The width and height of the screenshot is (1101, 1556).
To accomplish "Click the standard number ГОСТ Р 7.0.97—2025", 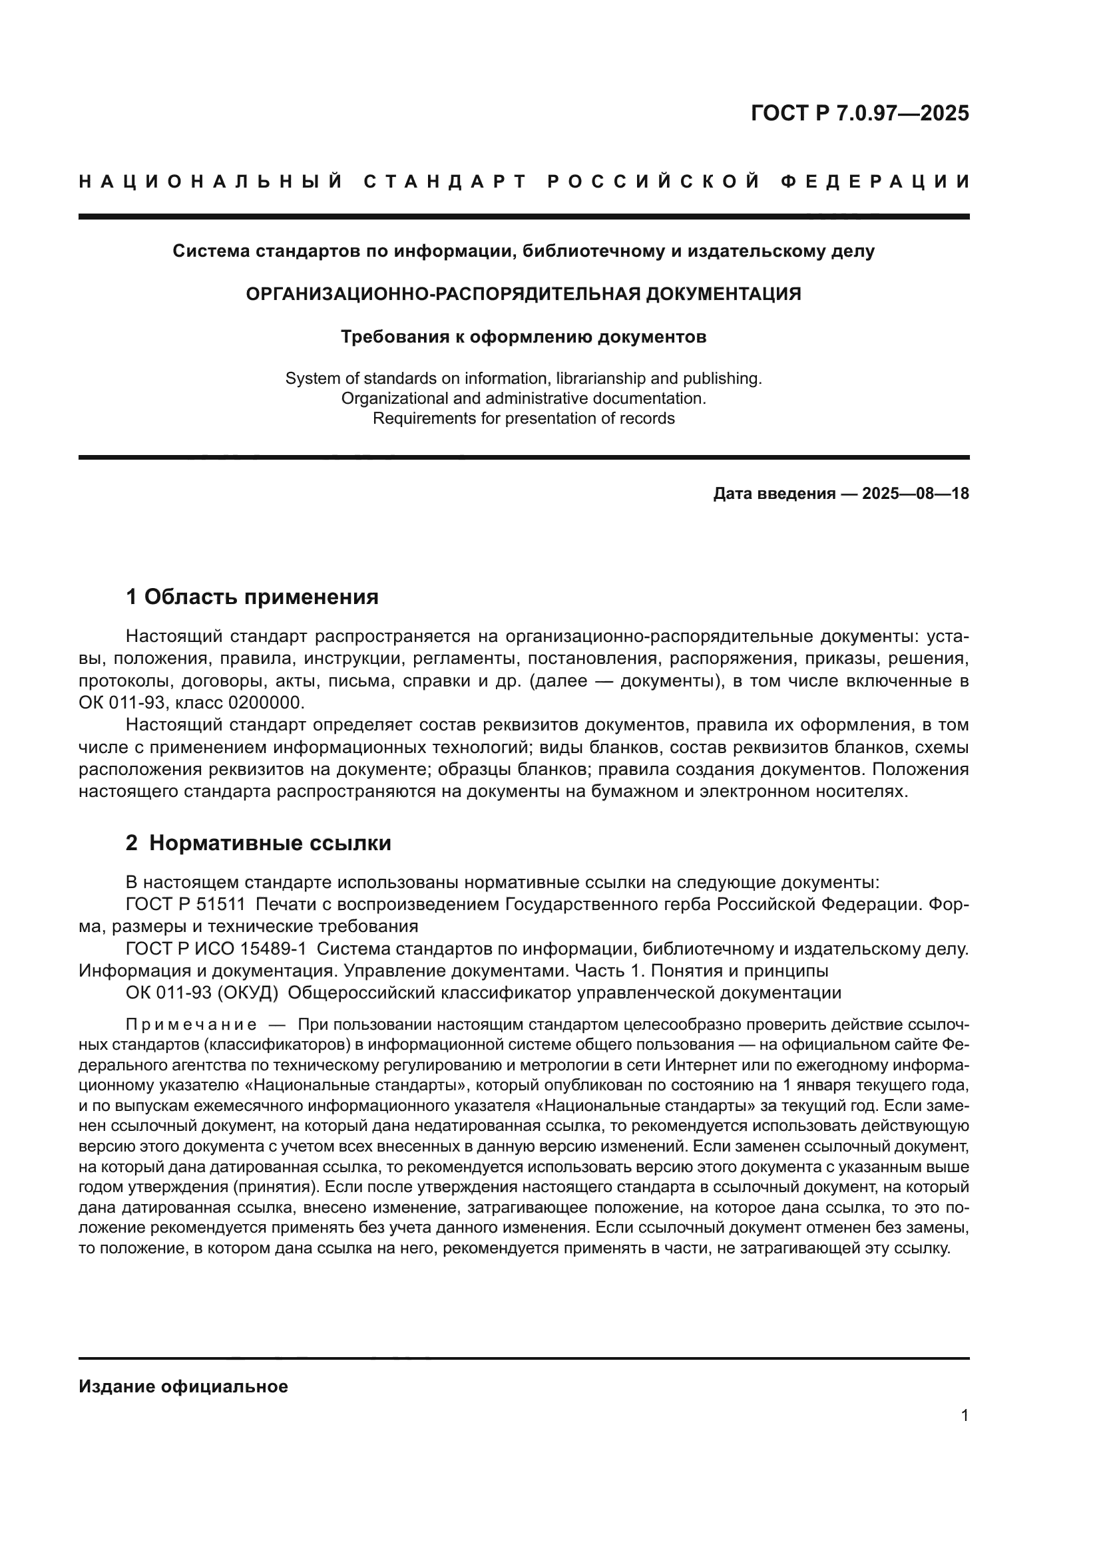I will (859, 113).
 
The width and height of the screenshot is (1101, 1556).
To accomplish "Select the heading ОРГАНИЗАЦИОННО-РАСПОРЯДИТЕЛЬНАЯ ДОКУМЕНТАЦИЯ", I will (523, 294).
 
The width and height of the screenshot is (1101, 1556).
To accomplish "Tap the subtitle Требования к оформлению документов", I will (523, 337).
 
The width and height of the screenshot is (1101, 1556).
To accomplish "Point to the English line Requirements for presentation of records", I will (523, 418).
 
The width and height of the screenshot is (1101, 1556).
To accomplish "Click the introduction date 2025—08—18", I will (915, 494).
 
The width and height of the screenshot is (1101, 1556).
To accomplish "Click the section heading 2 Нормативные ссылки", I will (258, 843).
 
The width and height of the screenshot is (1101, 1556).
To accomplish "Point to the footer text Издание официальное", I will (183, 1386).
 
